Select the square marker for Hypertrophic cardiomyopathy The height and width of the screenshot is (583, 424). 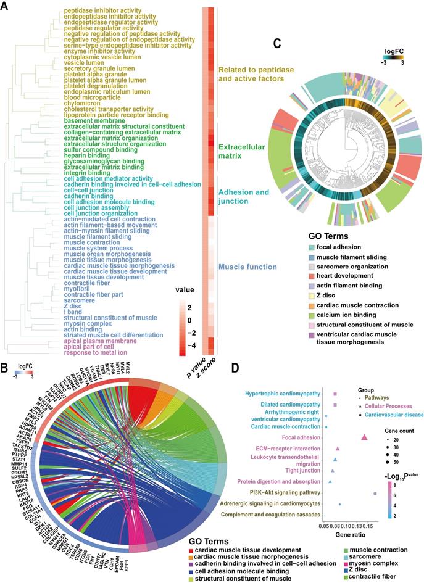[335, 393]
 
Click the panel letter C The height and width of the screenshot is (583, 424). [277, 43]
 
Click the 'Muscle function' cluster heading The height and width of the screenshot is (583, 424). [243, 267]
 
